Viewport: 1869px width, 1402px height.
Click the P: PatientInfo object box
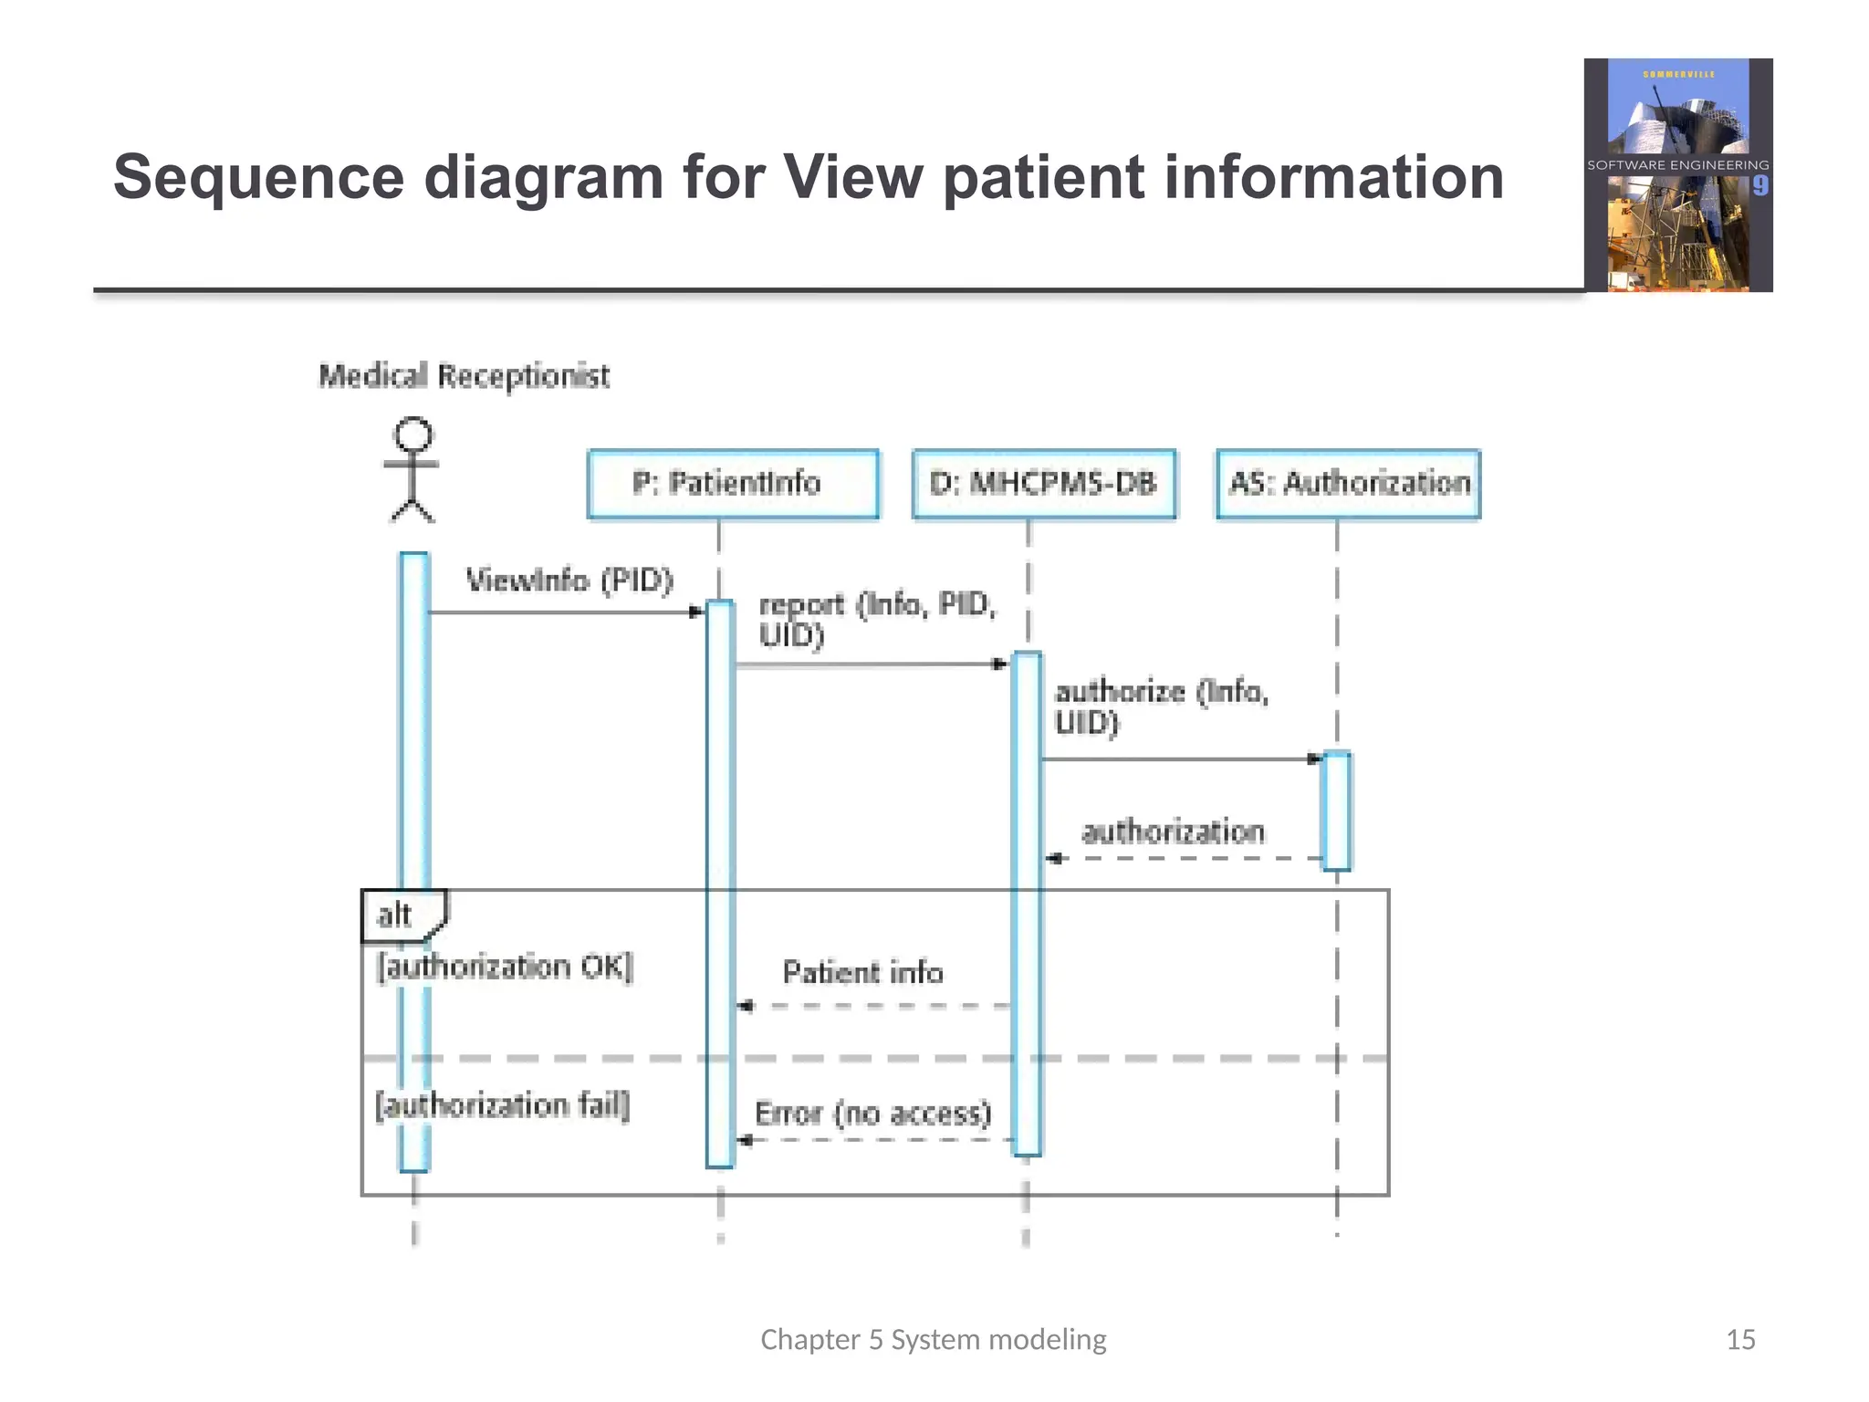[733, 484]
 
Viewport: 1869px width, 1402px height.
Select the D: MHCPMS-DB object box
[1043, 484]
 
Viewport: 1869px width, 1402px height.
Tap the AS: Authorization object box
[1348, 484]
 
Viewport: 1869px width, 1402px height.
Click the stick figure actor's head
[412, 434]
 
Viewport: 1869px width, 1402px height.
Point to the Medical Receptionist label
[464, 375]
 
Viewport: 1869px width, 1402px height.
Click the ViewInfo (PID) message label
[569, 581]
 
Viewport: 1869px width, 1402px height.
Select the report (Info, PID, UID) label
[876, 619]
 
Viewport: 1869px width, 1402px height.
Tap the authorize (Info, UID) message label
[1161, 706]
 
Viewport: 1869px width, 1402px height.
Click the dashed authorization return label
[1173, 832]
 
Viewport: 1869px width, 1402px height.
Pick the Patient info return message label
[862, 972]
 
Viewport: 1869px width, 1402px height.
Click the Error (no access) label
[872, 1114]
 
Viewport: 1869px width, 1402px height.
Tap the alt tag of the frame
[395, 915]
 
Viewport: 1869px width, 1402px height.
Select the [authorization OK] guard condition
[505, 967]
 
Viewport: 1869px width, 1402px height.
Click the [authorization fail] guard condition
[503, 1105]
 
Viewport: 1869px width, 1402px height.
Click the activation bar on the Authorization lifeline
[1336, 811]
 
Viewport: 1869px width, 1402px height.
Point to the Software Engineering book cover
[1677, 175]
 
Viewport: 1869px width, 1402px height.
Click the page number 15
[1739, 1339]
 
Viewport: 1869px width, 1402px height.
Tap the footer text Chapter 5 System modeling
[933, 1339]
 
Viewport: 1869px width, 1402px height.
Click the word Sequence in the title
[258, 177]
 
